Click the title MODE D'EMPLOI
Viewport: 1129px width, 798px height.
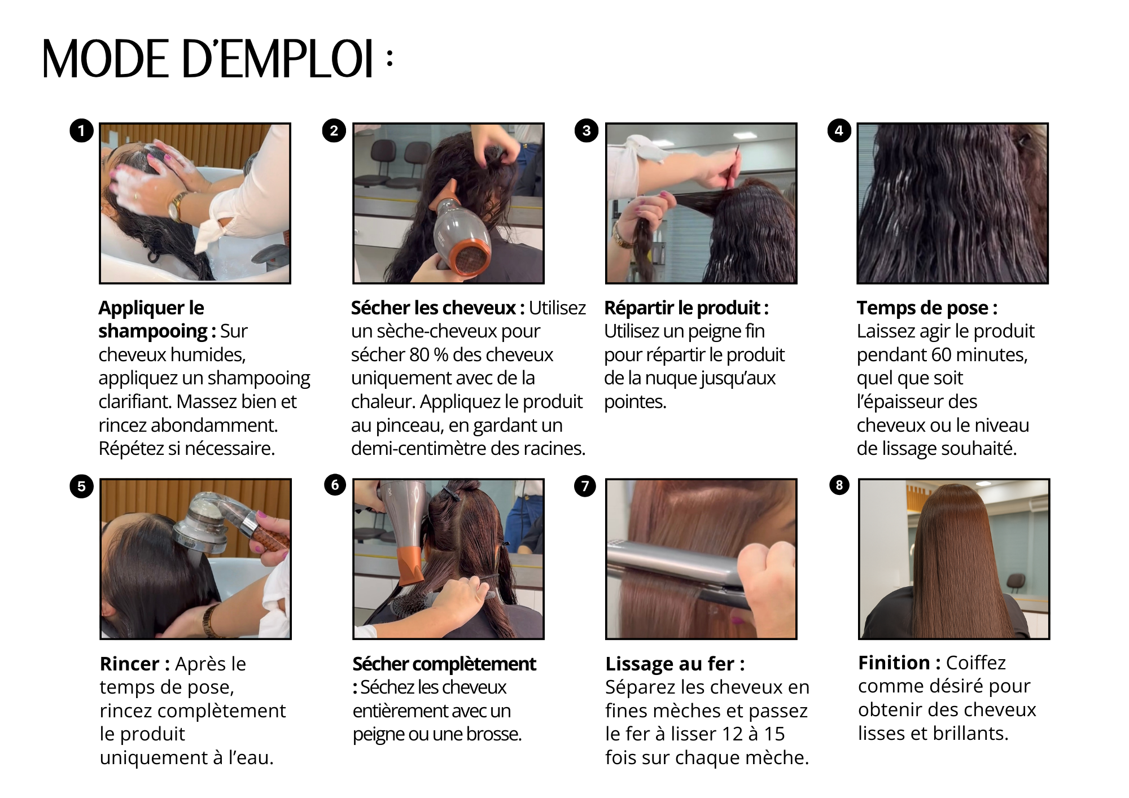217,59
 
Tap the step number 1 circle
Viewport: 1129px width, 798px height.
81,131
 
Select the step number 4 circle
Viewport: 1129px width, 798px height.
839,131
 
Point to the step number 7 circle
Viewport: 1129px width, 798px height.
585,486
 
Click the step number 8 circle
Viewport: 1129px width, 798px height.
839,485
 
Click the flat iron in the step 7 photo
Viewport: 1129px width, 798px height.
677,570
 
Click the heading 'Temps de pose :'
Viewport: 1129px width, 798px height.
927,308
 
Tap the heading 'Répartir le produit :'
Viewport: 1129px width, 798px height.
686,308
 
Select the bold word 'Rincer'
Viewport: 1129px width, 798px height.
129,664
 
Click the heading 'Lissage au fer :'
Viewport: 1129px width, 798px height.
675,664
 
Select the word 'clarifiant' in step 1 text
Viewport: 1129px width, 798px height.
135,402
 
